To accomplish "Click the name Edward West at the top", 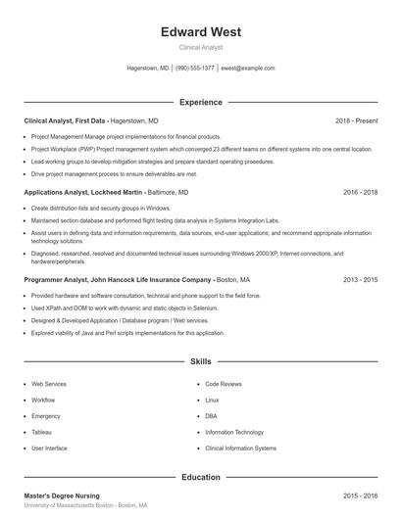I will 200,31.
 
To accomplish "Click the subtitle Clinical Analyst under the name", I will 200,47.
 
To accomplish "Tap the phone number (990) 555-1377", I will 195,69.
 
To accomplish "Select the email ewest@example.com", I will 247,69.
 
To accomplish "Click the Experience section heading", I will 200,102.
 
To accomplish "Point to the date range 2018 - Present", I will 356,120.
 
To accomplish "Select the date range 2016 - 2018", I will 360,193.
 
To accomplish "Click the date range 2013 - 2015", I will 360,279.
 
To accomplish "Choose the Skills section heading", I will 200,361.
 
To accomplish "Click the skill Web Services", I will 50,385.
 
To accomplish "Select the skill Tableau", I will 42,432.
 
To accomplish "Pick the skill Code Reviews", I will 224,385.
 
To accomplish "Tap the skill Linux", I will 212,401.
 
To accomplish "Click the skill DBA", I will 211,416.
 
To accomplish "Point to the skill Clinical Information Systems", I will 240,448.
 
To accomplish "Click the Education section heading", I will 200,477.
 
